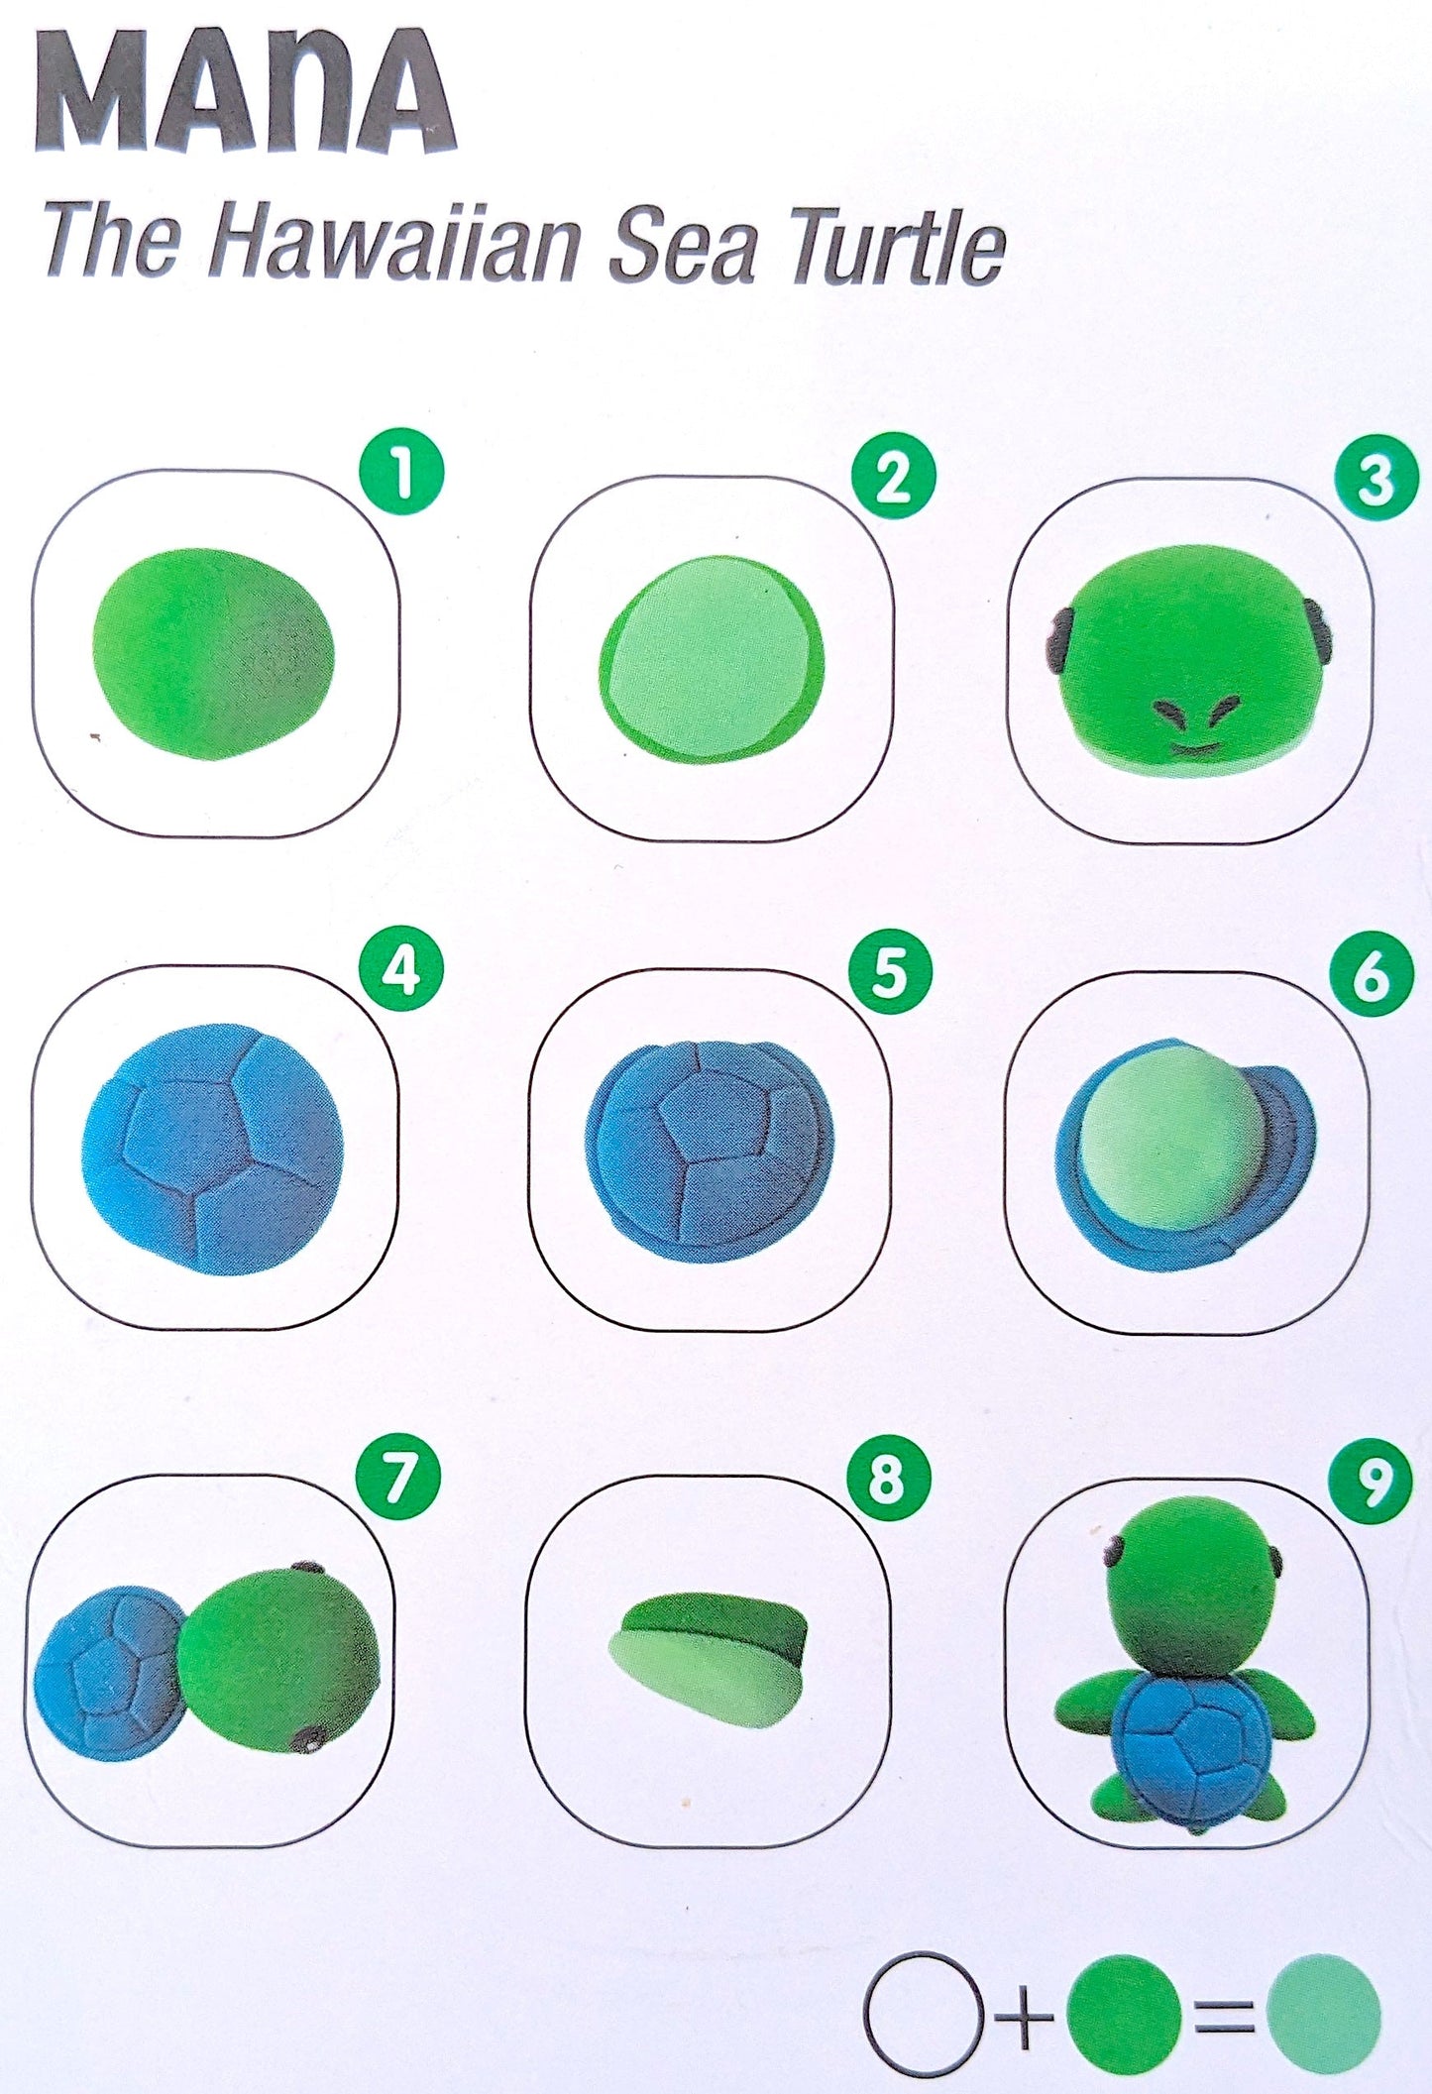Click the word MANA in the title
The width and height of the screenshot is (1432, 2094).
[245, 93]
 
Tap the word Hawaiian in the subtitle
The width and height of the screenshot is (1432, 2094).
[393, 242]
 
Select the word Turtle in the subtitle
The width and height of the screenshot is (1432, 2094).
[898, 248]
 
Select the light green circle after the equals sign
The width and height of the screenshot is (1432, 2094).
[1324, 2012]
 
